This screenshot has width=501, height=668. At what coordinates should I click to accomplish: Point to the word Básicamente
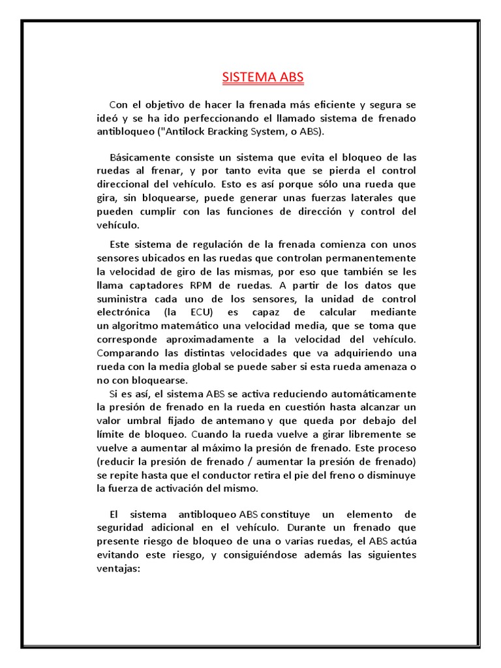click(x=140, y=159)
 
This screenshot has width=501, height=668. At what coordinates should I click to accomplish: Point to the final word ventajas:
click(x=118, y=568)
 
